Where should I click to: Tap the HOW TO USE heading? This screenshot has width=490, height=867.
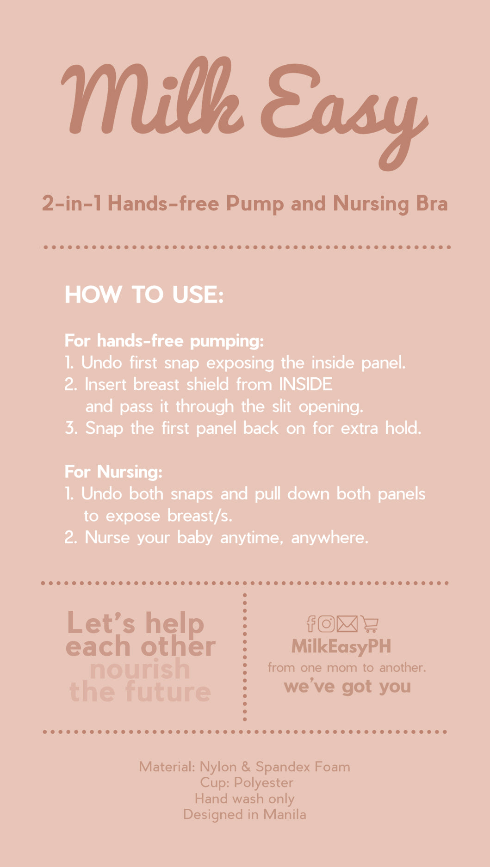click(x=144, y=295)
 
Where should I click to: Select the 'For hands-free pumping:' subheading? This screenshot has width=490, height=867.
click(x=164, y=341)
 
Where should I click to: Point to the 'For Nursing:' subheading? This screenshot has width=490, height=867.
click(x=114, y=472)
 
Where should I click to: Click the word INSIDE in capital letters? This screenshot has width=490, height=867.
click(x=305, y=384)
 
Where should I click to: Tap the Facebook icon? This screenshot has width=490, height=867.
click(x=311, y=624)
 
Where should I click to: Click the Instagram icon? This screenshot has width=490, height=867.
click(x=326, y=624)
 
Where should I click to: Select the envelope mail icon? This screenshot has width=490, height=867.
click(x=347, y=624)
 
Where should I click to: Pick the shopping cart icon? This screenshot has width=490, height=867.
click(x=370, y=625)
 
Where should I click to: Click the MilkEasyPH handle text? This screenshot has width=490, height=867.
click(x=341, y=646)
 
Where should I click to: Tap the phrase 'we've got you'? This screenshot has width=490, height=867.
click(x=347, y=687)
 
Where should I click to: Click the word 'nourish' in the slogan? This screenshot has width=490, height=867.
click(x=140, y=670)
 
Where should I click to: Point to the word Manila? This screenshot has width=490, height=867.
click(x=285, y=814)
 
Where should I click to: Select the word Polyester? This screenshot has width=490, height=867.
click(x=263, y=782)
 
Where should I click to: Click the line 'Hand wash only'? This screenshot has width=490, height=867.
click(x=245, y=799)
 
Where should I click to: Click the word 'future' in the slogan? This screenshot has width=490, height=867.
click(x=168, y=692)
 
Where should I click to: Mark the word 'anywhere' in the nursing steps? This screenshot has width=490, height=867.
click(x=330, y=538)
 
